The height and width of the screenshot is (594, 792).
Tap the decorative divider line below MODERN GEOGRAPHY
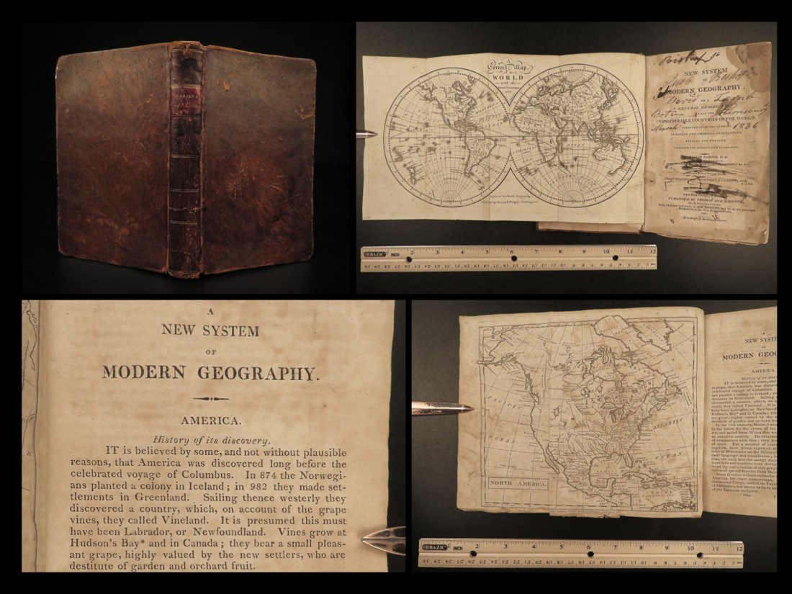coord(211,398)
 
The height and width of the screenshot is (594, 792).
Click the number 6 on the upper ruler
coord(511,253)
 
